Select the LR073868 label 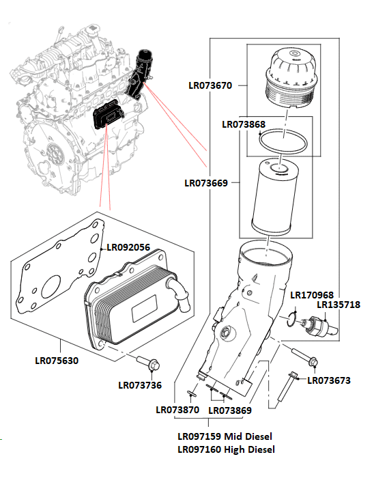244,124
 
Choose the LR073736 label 140,385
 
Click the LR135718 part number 339,305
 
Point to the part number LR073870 177,410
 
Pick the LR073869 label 229,410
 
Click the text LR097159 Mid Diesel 226,436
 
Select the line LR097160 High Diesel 226,449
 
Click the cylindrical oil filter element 276,195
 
